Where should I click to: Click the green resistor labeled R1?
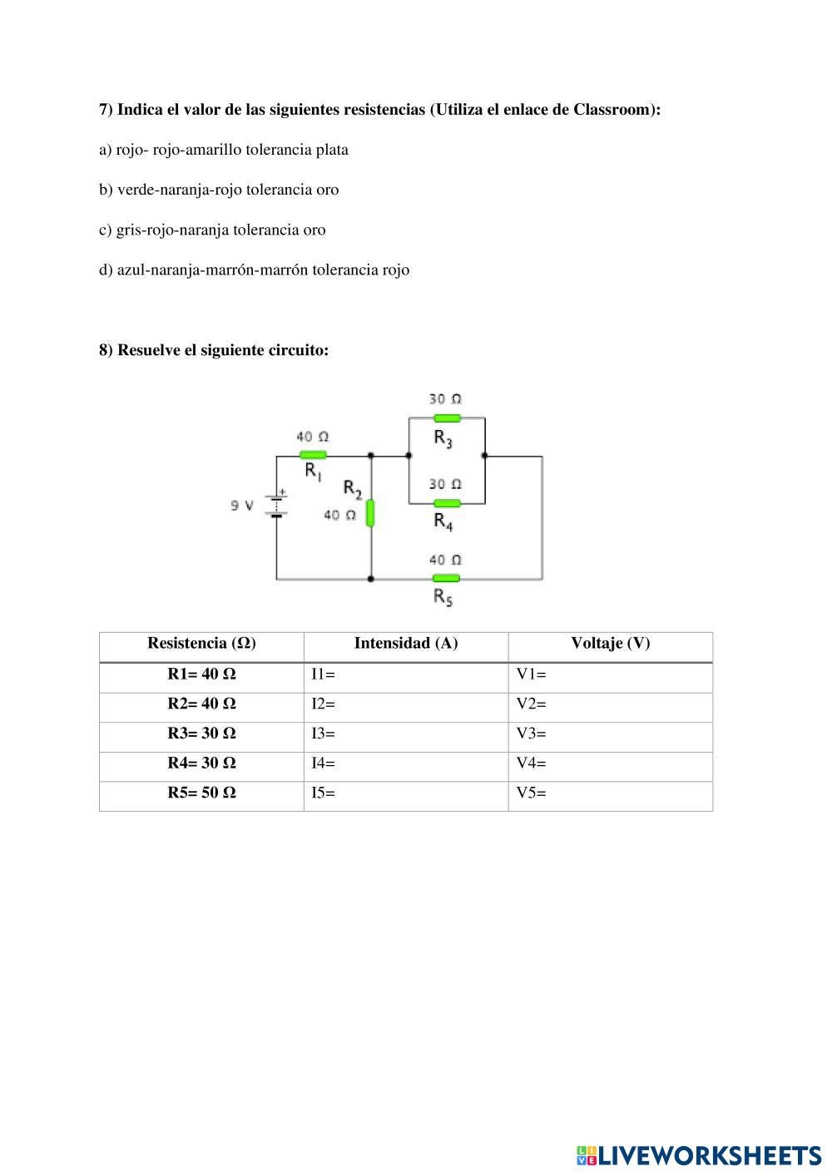coord(313,455)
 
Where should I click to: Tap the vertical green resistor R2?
coord(371,512)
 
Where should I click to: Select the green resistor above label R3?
coord(447,418)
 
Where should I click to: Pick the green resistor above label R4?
coord(447,503)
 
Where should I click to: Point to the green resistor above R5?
coord(446,578)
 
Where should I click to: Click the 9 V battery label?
coord(242,505)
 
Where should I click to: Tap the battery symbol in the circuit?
coord(276,504)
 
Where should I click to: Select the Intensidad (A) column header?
coord(406,643)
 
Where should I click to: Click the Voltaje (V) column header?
coord(610,643)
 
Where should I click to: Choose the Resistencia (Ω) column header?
coord(201,643)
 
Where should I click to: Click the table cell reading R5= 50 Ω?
coord(201,793)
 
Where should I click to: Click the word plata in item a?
coord(332,150)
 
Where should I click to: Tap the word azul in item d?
coord(131,269)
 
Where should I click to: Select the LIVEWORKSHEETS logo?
coord(698,1155)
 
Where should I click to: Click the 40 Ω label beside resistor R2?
coord(339,516)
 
